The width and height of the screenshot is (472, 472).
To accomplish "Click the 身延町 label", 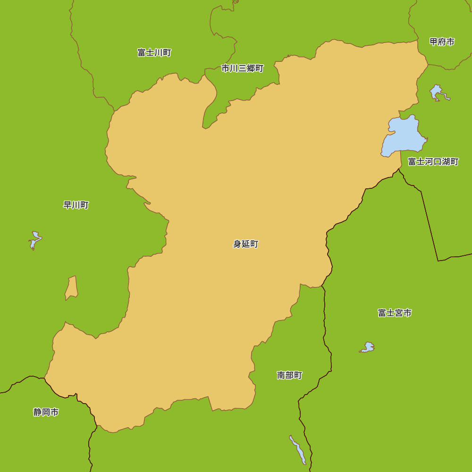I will click(246, 244).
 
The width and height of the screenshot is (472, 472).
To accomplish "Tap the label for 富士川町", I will click(154, 52).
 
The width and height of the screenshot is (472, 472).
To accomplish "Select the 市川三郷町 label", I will click(243, 68).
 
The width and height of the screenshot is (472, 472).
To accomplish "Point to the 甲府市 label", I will click(442, 42).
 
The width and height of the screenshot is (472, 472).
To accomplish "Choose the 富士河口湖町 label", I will click(433, 161).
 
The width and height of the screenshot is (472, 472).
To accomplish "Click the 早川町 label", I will click(76, 205).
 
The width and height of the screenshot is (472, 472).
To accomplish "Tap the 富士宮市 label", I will click(395, 312).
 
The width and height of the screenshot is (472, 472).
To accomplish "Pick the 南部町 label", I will click(289, 375).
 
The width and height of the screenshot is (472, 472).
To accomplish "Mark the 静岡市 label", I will click(46, 412).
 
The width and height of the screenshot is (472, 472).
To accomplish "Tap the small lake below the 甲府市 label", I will click(437, 92).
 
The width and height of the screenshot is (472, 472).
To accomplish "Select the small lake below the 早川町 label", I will click(35, 239).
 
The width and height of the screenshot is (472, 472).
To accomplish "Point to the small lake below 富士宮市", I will click(368, 348).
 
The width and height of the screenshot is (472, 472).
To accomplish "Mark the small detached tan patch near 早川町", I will click(72, 288).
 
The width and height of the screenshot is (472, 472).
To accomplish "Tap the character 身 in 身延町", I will click(237, 244).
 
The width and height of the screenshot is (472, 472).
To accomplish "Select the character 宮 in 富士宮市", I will click(399, 312).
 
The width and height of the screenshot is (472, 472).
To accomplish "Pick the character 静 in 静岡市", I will click(37, 412).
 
